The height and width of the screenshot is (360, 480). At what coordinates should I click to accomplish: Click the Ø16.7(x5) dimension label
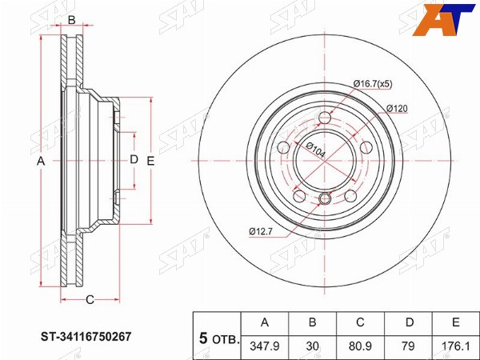pos(373,84)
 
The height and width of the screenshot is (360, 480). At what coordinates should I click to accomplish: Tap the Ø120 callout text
pos(397,109)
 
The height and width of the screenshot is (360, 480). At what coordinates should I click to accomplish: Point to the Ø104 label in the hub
pos(315,150)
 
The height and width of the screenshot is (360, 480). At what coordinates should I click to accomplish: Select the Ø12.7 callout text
pos(261,231)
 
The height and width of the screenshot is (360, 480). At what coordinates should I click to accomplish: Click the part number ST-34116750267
pos(86,337)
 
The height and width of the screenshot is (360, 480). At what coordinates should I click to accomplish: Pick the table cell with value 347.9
pos(265,346)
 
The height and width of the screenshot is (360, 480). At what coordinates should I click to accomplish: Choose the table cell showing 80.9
pos(360,346)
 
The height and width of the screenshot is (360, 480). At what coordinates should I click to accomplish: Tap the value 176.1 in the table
pos(456,346)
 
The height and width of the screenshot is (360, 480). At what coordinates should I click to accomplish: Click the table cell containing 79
pos(408,346)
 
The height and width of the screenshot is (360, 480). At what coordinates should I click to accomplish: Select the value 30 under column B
pos(312,346)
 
